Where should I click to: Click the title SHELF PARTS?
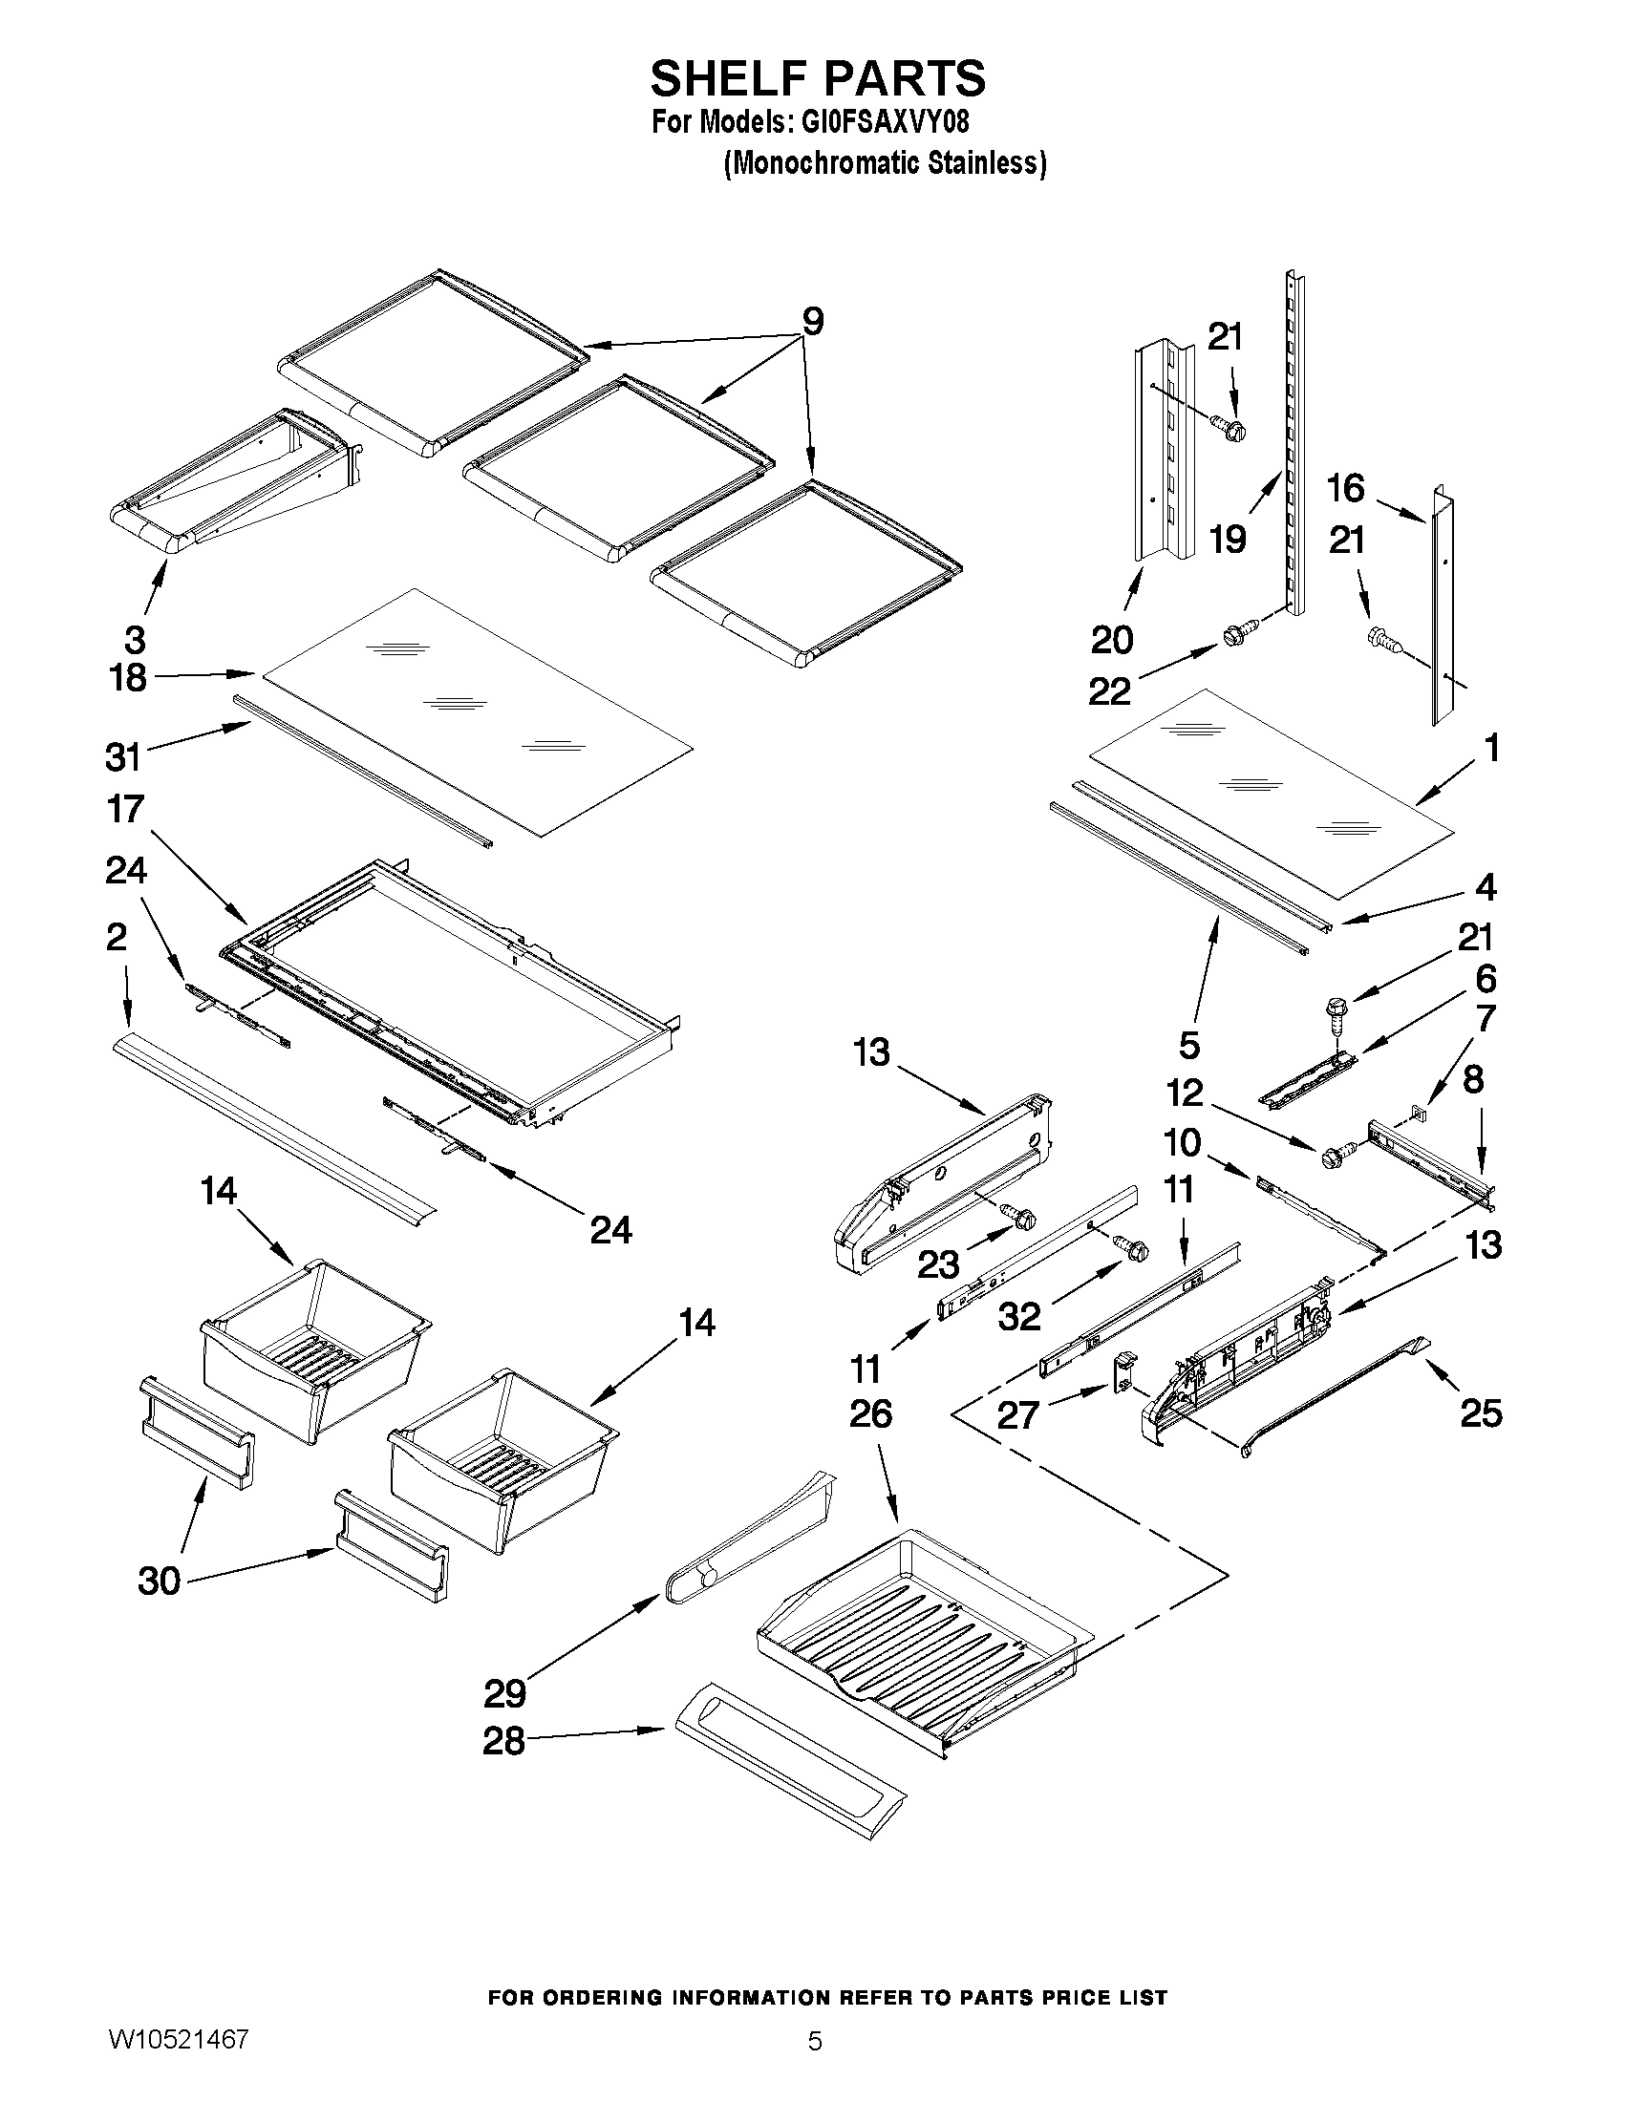(818, 79)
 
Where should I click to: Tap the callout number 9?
(812, 322)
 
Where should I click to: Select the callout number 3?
(135, 639)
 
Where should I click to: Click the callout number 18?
(128, 677)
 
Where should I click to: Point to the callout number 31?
(123, 757)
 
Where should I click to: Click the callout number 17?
(126, 810)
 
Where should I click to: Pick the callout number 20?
(1112, 639)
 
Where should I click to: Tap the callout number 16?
(1346, 489)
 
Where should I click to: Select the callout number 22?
(1109, 690)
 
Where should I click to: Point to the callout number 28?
(504, 1740)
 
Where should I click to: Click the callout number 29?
(504, 1692)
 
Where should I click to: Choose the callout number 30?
(160, 1581)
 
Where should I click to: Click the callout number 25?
(1481, 1412)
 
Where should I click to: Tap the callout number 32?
(1019, 1317)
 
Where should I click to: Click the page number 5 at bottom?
(815, 2068)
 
